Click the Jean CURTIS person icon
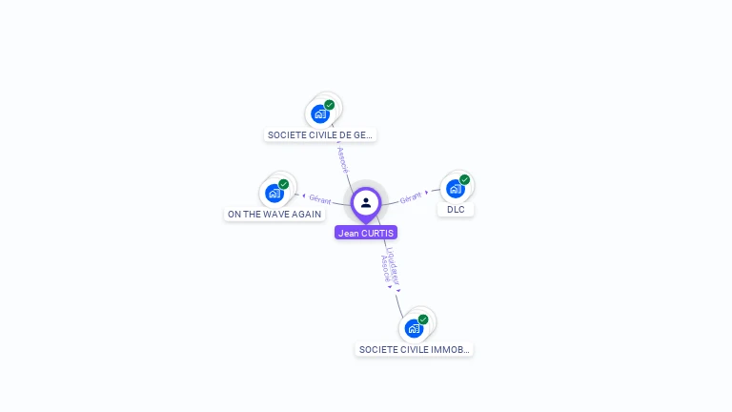pos(366,202)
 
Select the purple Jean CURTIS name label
pos(366,233)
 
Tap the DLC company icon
pos(455,189)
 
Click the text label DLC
pos(456,210)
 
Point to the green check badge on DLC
pos(464,179)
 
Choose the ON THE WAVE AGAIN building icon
pos(274,193)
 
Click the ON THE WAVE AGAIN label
pos(274,215)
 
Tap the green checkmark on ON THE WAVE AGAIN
pos(283,184)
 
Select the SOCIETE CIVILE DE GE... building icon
pos(320,113)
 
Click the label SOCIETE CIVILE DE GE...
pos(320,135)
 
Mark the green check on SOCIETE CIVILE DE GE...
pos(329,105)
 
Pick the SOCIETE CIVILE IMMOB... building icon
pos(414,328)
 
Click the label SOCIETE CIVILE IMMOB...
pos(415,350)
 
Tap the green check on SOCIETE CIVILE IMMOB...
pos(423,319)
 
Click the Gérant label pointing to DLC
pos(411,196)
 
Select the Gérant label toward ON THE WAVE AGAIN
pos(319,199)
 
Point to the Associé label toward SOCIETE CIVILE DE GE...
pos(343,159)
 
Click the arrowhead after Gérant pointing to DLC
pos(427,192)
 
